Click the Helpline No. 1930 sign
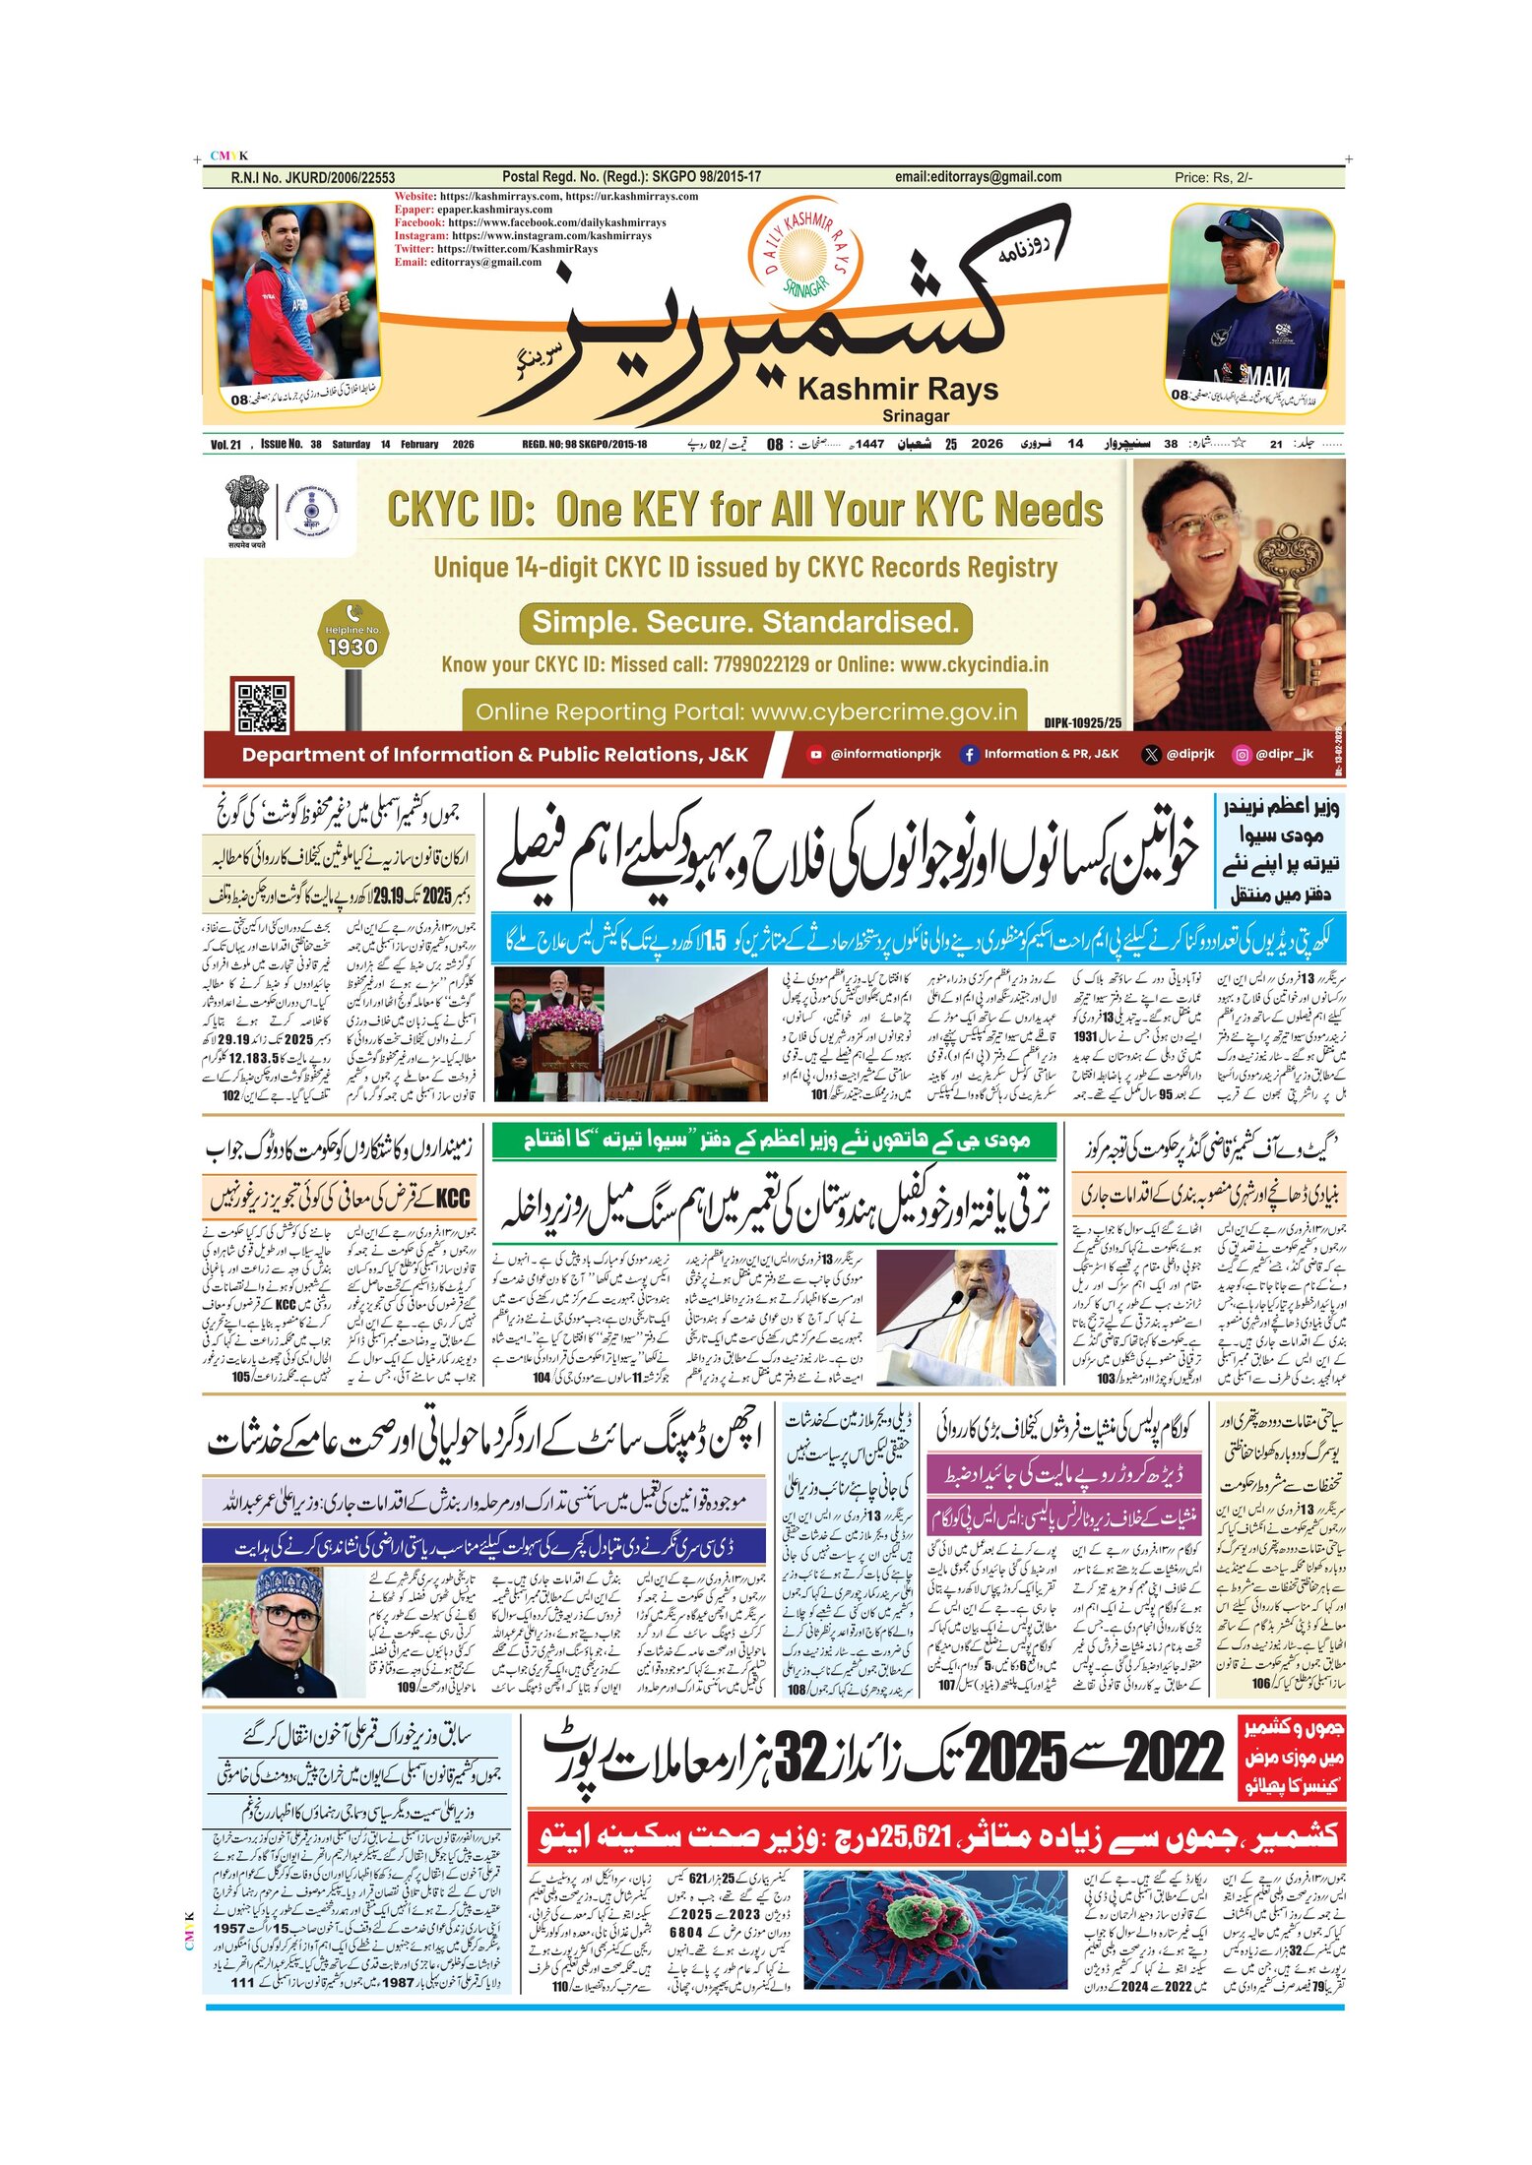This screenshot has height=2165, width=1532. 352,637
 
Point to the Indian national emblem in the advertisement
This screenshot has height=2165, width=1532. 245,508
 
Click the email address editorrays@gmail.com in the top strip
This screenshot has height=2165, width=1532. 978,177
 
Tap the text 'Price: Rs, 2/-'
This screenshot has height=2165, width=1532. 1213,178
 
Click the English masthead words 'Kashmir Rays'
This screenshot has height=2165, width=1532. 897,390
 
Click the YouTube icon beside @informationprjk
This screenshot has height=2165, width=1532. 815,755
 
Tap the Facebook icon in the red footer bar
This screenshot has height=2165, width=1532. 969,755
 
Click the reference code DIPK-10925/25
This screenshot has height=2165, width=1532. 1082,722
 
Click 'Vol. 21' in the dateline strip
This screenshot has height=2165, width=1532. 225,445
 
